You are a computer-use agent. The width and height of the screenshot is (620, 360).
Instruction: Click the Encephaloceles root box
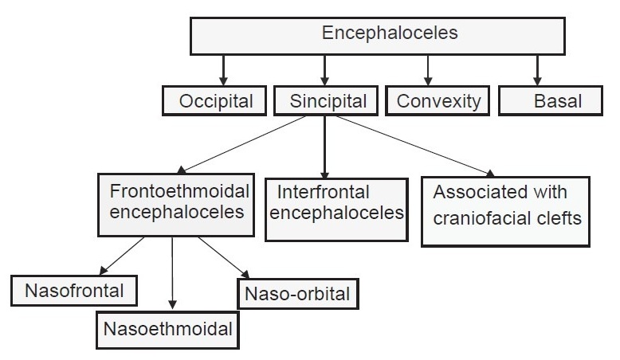(x=377, y=36)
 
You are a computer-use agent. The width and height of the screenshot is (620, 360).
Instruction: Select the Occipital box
(x=214, y=101)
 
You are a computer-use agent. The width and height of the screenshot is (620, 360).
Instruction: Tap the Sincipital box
(x=326, y=101)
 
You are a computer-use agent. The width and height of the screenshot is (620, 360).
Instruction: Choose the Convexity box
(x=438, y=101)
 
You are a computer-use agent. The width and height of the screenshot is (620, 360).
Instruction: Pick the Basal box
(x=551, y=101)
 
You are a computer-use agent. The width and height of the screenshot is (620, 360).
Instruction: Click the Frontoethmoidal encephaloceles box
(x=176, y=205)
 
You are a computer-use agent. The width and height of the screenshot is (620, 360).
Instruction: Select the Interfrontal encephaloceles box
(x=336, y=209)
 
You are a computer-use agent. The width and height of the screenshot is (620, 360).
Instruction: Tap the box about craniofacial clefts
(x=506, y=211)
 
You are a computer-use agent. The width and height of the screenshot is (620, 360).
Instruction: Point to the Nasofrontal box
(x=74, y=291)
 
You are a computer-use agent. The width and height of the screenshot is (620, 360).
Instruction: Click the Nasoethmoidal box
(x=167, y=330)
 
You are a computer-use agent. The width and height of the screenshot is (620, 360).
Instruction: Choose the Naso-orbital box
(x=298, y=294)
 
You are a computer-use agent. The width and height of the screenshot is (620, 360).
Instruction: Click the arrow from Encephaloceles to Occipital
(x=223, y=70)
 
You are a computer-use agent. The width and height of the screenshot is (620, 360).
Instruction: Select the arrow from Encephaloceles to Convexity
(x=427, y=70)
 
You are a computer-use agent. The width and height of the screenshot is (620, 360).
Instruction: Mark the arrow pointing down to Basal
(x=537, y=70)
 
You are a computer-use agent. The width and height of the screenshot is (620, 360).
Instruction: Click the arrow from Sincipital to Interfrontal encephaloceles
(x=324, y=147)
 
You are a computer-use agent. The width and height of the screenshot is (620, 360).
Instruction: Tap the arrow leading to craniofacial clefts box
(x=415, y=147)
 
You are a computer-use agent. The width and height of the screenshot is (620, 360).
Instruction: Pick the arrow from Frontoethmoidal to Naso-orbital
(x=224, y=257)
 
